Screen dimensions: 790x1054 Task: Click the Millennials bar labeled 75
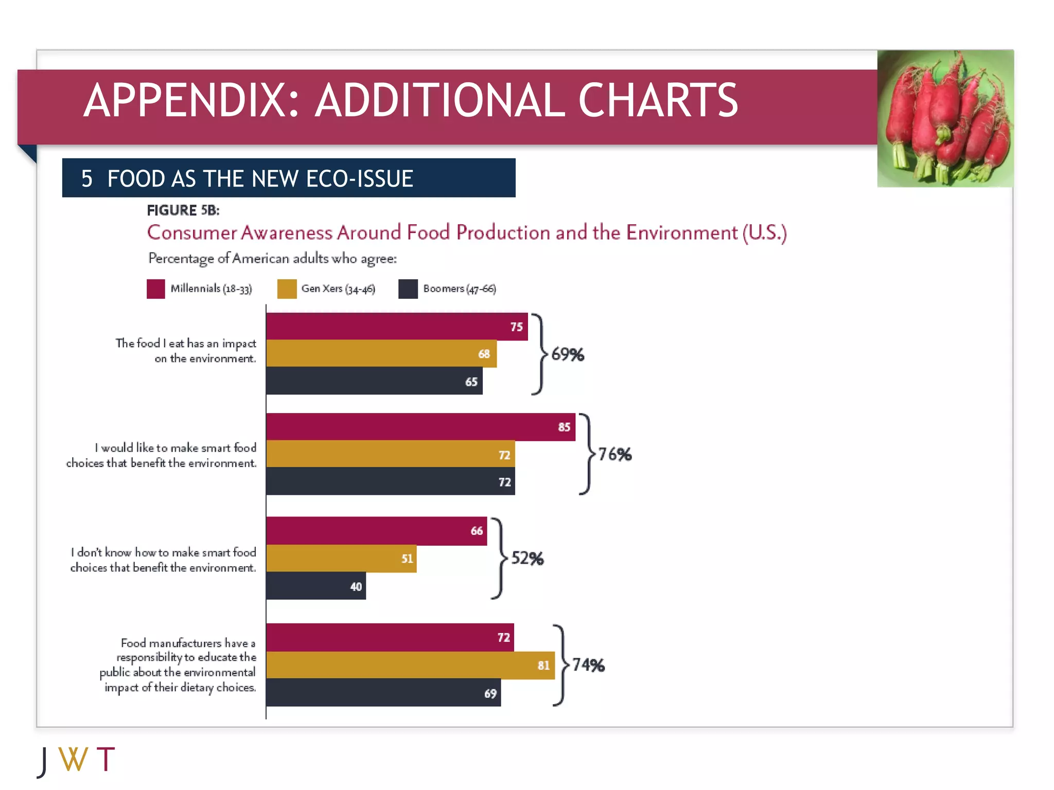396,326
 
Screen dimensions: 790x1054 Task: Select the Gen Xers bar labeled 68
381,353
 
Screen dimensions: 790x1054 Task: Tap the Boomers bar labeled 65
374,381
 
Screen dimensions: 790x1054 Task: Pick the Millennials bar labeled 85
420,426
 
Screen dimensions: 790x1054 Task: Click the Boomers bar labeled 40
315,586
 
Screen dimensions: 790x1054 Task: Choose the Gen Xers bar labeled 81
410,665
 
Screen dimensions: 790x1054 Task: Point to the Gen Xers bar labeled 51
341,559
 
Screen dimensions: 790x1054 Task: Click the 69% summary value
567,354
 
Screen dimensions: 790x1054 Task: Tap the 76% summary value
614,454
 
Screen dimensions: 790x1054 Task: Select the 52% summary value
527,558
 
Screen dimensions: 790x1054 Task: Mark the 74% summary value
588,665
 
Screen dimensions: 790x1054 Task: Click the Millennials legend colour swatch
155,289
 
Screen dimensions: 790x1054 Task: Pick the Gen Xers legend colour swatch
287,289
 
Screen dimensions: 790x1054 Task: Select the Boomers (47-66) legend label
459,289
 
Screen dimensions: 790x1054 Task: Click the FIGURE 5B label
183,210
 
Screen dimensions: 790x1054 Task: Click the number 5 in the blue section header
86,179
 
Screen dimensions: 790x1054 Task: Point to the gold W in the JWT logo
73,760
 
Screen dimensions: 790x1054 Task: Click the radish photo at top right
945,118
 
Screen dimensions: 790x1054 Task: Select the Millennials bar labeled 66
376,531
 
